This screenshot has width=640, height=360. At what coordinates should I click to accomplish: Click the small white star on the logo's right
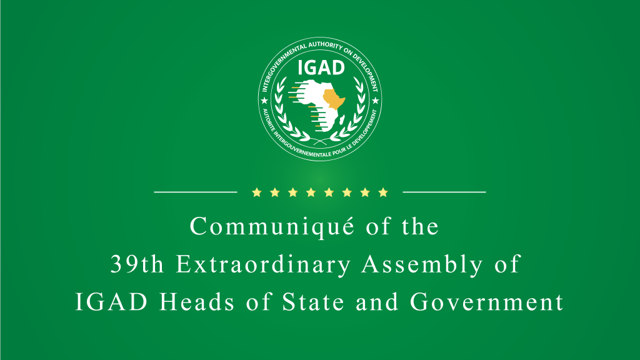(x=375, y=100)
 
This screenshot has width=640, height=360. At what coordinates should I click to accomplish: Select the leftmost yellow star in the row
(x=256, y=192)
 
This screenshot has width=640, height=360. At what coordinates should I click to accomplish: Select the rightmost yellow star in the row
(x=383, y=192)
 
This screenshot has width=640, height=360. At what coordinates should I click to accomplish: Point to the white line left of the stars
(x=195, y=192)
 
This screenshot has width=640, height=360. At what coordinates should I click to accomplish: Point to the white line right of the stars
(x=444, y=192)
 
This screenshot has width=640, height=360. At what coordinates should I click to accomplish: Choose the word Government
(x=487, y=302)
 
